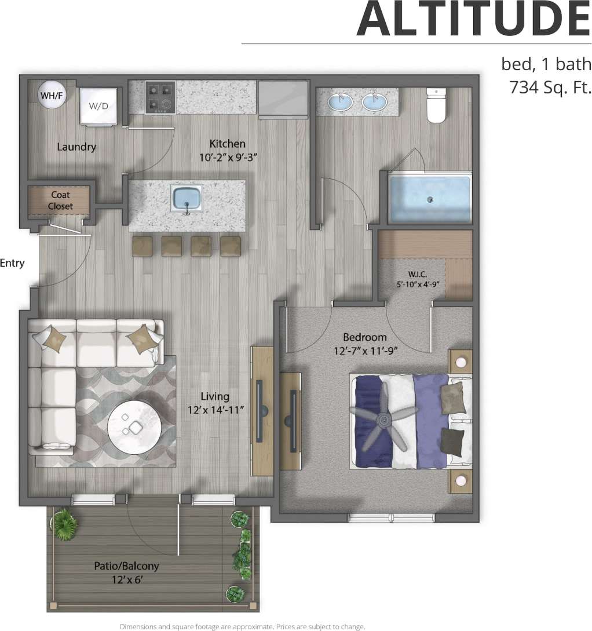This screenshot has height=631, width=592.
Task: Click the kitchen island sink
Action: point(187,198)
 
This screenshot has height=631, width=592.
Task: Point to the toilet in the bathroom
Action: point(436,104)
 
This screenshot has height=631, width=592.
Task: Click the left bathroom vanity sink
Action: point(340,102)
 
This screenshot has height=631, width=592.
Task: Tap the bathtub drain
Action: point(430,199)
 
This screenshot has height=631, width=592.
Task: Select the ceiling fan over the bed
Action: point(383,419)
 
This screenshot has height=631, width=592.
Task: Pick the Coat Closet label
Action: point(60,200)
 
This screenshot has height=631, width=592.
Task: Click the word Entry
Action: point(12,263)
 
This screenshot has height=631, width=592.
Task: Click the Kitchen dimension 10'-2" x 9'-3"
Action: point(227,156)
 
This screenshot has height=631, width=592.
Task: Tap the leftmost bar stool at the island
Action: point(142,246)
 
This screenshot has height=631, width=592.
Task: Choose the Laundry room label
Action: point(76,147)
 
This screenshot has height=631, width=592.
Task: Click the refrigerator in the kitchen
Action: point(283,99)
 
